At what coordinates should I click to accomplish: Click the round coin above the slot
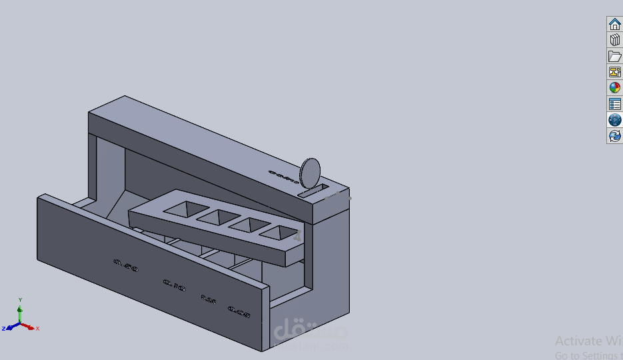(311, 173)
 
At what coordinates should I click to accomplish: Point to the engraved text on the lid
(283, 176)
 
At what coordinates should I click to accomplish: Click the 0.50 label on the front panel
(126, 265)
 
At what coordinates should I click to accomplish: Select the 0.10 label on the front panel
(174, 285)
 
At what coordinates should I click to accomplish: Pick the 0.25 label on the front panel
(209, 299)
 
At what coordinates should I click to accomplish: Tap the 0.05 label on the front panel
(239, 311)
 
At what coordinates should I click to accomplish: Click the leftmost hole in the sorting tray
(179, 209)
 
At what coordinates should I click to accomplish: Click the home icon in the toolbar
(614, 24)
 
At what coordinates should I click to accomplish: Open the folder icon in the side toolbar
(614, 56)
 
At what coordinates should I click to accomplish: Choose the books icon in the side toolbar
(614, 40)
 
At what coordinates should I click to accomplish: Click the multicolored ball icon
(614, 88)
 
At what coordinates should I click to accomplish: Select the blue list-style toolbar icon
(614, 104)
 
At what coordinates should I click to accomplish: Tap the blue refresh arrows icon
(614, 136)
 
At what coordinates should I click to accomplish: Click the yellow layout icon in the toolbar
(614, 72)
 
